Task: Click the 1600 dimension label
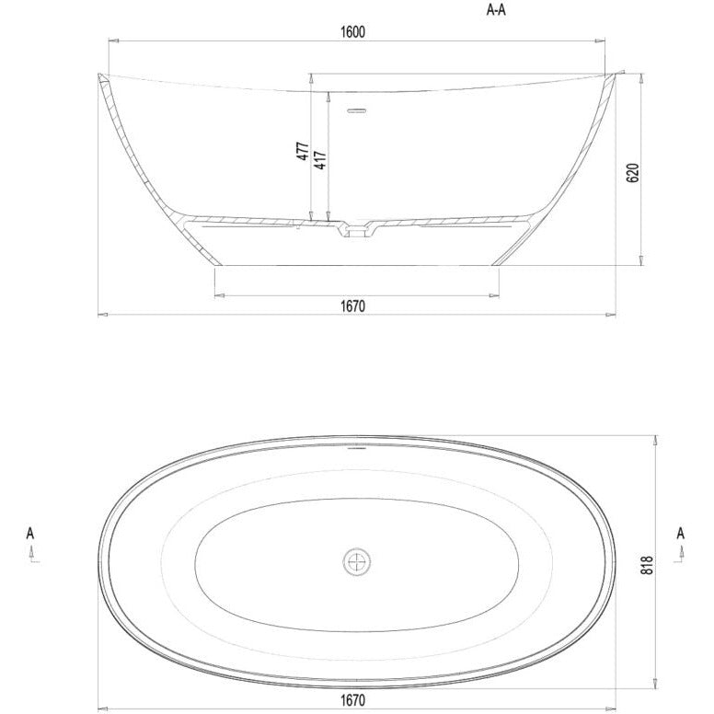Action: tap(352, 31)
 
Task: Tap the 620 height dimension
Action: tap(631, 172)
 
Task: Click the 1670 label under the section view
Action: tap(352, 305)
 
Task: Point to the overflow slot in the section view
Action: tap(356, 112)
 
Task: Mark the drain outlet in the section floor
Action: tap(356, 231)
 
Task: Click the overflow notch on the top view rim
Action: tap(356, 452)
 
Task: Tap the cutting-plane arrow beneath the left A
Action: tap(31, 553)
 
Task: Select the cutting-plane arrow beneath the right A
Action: tap(681, 553)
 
